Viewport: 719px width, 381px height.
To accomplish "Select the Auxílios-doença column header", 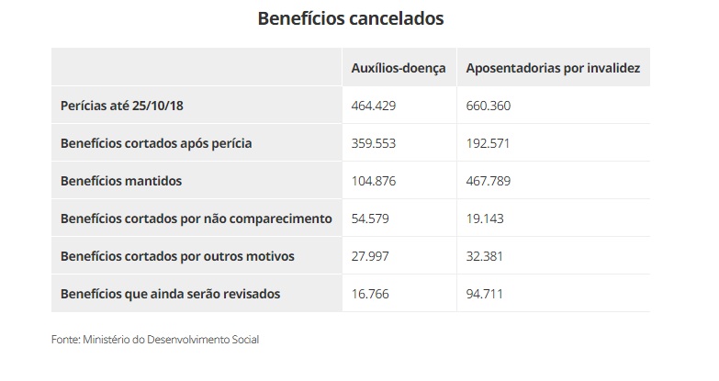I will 399,68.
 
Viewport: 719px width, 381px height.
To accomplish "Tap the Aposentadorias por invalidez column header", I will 553,68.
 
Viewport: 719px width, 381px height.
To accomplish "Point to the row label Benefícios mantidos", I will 121,181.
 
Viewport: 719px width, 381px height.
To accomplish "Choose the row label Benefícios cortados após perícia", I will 156,143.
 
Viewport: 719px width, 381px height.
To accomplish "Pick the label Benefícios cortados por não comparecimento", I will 196,219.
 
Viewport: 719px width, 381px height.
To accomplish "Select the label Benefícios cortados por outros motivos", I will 177,256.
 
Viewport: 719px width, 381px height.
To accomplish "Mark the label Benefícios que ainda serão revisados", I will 170,294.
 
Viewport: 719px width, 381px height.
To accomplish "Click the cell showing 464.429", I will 373,106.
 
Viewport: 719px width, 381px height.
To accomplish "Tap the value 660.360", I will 489,106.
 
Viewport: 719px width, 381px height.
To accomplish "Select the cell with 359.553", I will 373,143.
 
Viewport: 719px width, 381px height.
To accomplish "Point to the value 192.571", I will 488,143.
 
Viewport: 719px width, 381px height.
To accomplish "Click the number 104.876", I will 373,181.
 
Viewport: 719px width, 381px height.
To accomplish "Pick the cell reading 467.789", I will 489,181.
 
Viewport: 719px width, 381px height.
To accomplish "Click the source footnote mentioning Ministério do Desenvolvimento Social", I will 155,340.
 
